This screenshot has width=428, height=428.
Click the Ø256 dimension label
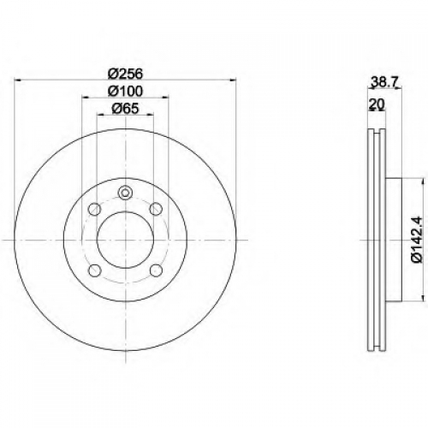(x=125, y=74)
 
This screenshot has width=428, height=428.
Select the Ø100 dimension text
(x=125, y=92)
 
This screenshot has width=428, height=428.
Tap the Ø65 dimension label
(x=125, y=109)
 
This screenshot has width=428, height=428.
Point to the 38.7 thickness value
(x=384, y=82)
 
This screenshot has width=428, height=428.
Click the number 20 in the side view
(x=377, y=104)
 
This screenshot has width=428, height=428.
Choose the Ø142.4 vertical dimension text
(x=416, y=240)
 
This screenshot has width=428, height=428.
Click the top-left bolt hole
(x=95, y=209)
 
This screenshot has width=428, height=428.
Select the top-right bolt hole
(x=156, y=209)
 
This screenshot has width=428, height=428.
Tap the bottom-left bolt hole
(x=95, y=270)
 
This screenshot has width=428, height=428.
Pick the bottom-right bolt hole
(x=156, y=270)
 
